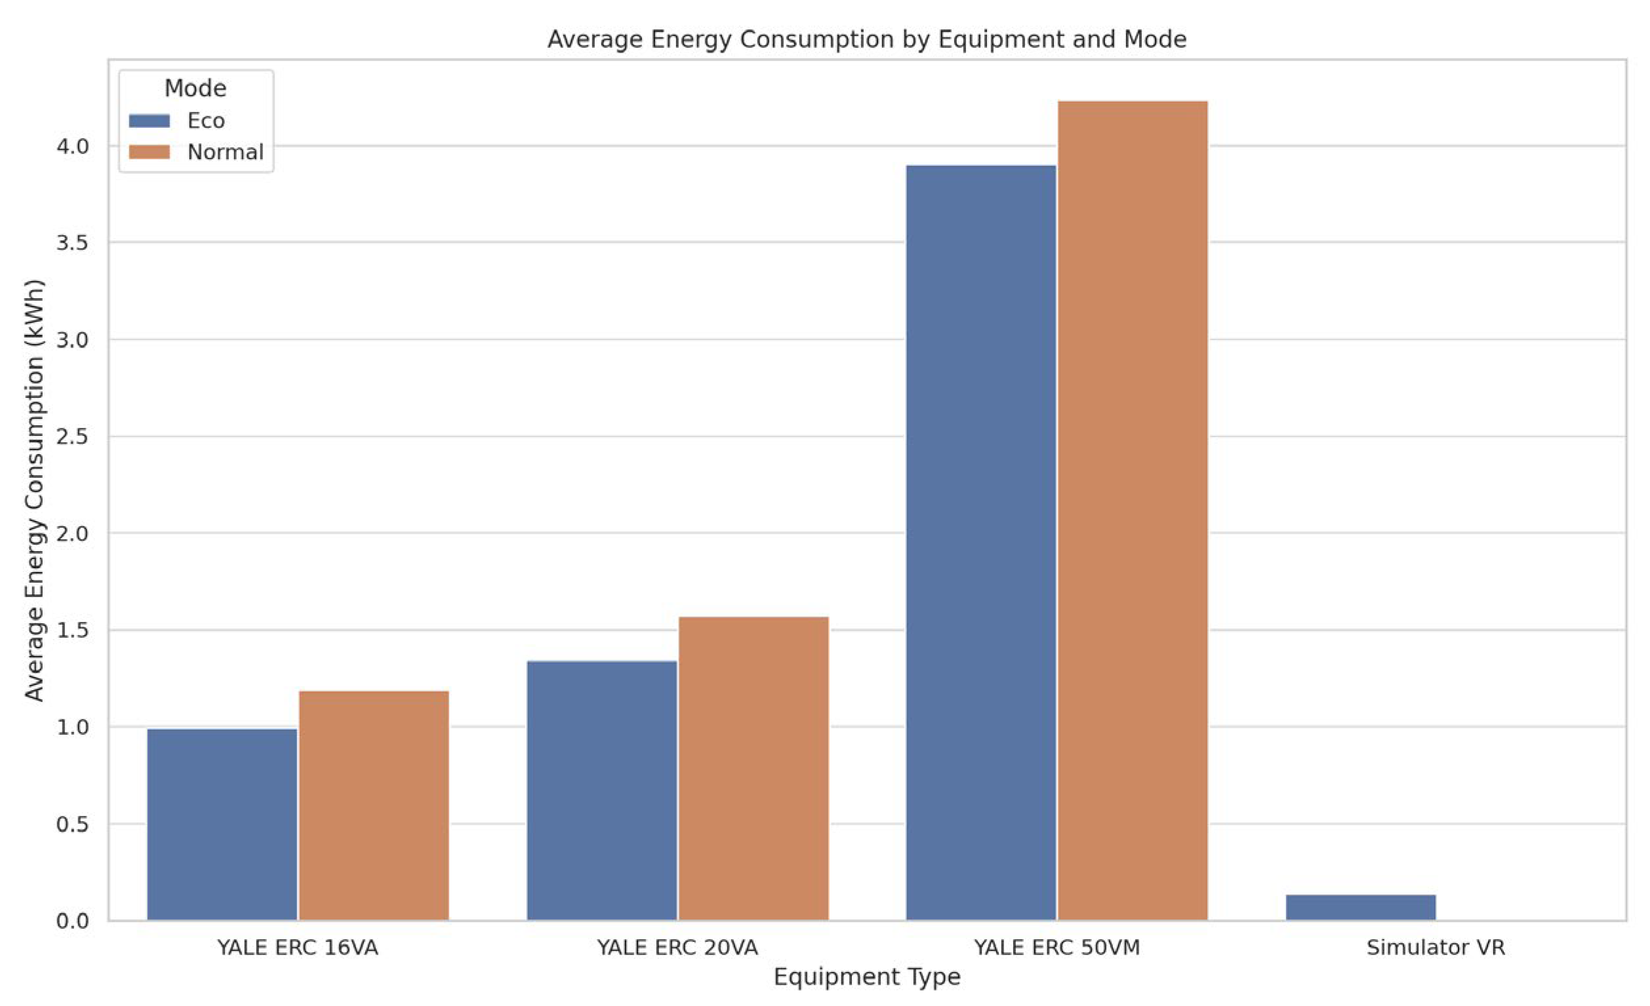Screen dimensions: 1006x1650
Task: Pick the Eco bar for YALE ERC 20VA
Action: pos(601,790)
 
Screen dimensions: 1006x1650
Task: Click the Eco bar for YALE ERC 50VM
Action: pos(980,542)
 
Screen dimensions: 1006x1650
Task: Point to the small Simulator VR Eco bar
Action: pos(1360,907)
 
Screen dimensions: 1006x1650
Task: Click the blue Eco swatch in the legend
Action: pos(150,121)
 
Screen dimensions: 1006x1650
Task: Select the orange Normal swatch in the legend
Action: pos(150,152)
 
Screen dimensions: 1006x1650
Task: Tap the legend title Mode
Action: pos(195,88)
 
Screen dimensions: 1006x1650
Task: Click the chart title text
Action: pos(866,39)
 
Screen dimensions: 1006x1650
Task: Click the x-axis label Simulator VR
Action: pos(1435,948)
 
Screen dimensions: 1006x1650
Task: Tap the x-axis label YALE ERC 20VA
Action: pos(677,948)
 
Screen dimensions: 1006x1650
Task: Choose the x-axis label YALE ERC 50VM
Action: pos(1056,948)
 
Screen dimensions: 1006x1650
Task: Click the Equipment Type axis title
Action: pos(866,977)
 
